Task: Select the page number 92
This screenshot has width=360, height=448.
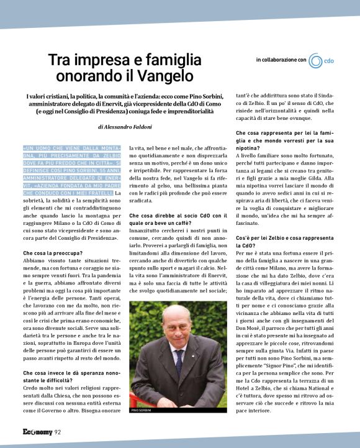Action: pyautogui.click(x=57, y=432)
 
